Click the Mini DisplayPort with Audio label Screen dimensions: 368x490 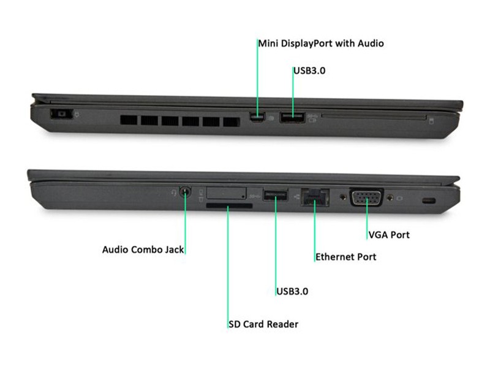[x=321, y=44]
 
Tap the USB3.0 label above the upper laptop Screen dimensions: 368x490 [x=309, y=71]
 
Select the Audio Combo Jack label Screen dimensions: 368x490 [x=143, y=250]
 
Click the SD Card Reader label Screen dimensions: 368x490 [x=263, y=324]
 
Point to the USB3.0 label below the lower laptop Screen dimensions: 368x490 [x=292, y=291]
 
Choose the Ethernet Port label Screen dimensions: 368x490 [x=345, y=256]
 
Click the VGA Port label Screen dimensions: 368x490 [x=388, y=234]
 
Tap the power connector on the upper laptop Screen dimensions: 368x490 [x=61, y=114]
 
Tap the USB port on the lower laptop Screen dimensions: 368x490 [x=275, y=196]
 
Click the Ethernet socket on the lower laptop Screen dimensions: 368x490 [x=315, y=197]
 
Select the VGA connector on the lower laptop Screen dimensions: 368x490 [x=366, y=198]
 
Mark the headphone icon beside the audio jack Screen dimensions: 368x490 [x=174, y=192]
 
